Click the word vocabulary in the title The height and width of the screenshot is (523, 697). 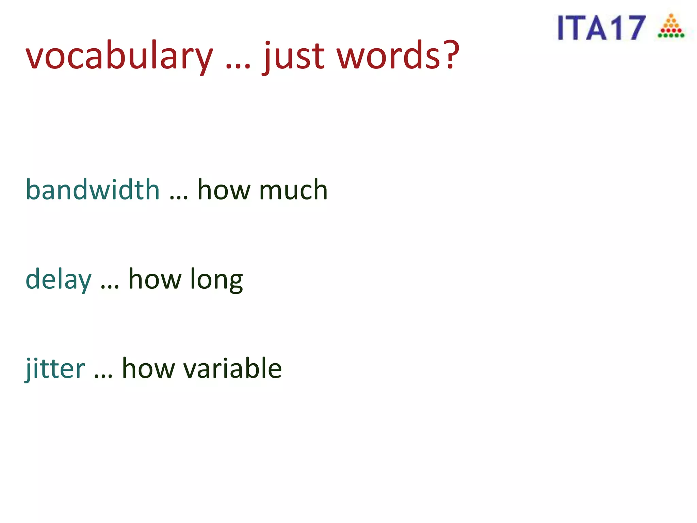(119, 56)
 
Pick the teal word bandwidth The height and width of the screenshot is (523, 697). (93, 190)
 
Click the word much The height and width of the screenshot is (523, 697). (293, 190)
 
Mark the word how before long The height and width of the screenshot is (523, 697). (155, 279)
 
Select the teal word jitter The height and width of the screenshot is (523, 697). (55, 368)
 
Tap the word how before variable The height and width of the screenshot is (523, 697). (148, 368)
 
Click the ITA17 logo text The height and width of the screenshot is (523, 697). (601, 28)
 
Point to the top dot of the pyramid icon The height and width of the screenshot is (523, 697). (671, 15)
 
